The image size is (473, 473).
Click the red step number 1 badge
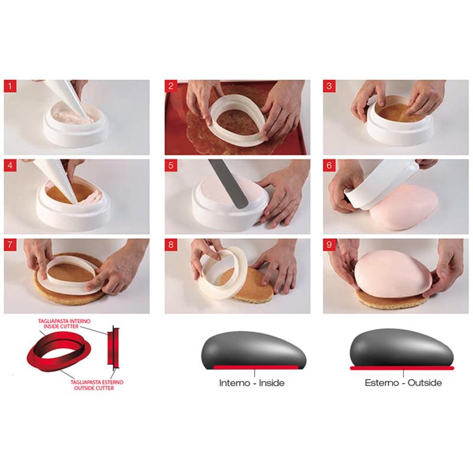(x=11, y=87)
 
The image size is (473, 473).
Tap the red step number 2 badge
(x=171, y=87)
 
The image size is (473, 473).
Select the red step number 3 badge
(x=330, y=87)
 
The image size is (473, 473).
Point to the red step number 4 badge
(x=11, y=166)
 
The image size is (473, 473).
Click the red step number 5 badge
(x=171, y=166)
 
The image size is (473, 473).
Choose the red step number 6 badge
(x=330, y=166)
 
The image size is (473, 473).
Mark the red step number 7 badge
(x=11, y=245)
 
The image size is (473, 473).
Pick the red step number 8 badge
(x=171, y=245)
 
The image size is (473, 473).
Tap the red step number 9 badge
(x=330, y=245)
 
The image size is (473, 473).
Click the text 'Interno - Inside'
(x=252, y=383)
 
